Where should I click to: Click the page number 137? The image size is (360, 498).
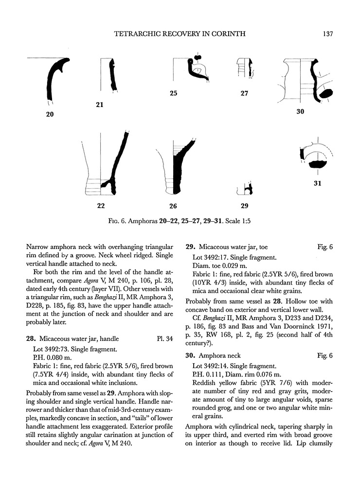click(327, 34)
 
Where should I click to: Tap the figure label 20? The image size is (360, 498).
click(50, 115)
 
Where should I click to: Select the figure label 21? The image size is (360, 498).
click(100, 104)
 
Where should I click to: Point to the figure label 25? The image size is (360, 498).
click(174, 93)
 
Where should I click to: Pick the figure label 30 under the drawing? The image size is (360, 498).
click(300, 112)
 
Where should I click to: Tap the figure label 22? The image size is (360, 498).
click(101, 205)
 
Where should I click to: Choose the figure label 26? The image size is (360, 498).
click(173, 205)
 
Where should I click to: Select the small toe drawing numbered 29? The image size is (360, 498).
click(247, 189)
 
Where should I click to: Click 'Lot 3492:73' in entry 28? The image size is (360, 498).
click(52, 348)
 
